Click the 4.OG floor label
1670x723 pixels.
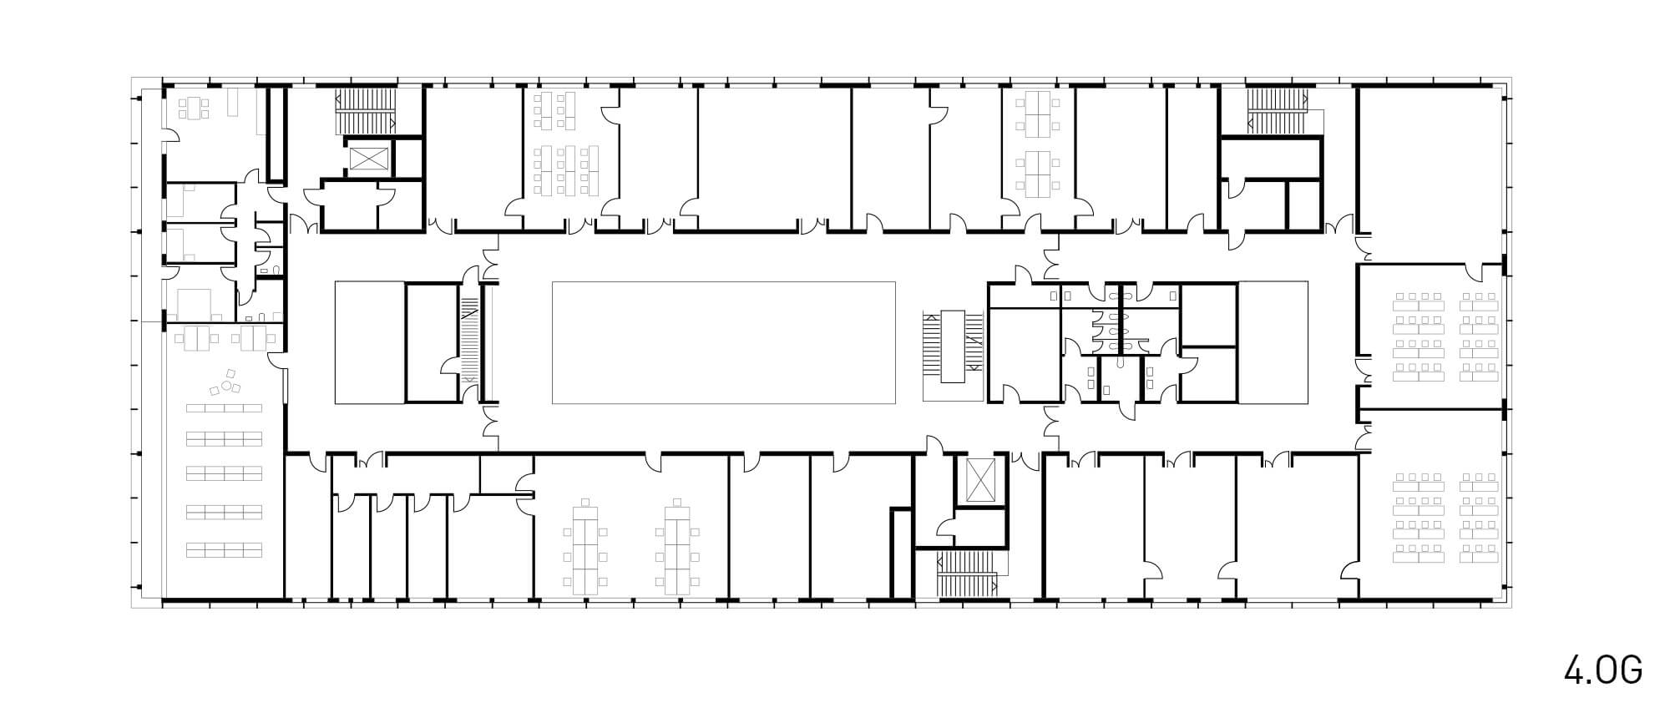click(1604, 670)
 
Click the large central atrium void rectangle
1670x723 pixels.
click(724, 342)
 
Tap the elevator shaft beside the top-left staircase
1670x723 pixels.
click(367, 158)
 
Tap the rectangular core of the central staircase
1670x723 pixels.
click(953, 346)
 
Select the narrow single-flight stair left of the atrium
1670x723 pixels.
click(470, 340)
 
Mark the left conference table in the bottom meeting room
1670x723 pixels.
click(587, 546)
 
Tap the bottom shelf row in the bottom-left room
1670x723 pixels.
click(224, 549)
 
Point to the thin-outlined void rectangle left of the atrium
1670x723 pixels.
click(370, 342)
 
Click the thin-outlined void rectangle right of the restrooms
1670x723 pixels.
click(1273, 342)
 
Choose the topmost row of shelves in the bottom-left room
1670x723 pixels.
click(224, 408)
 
